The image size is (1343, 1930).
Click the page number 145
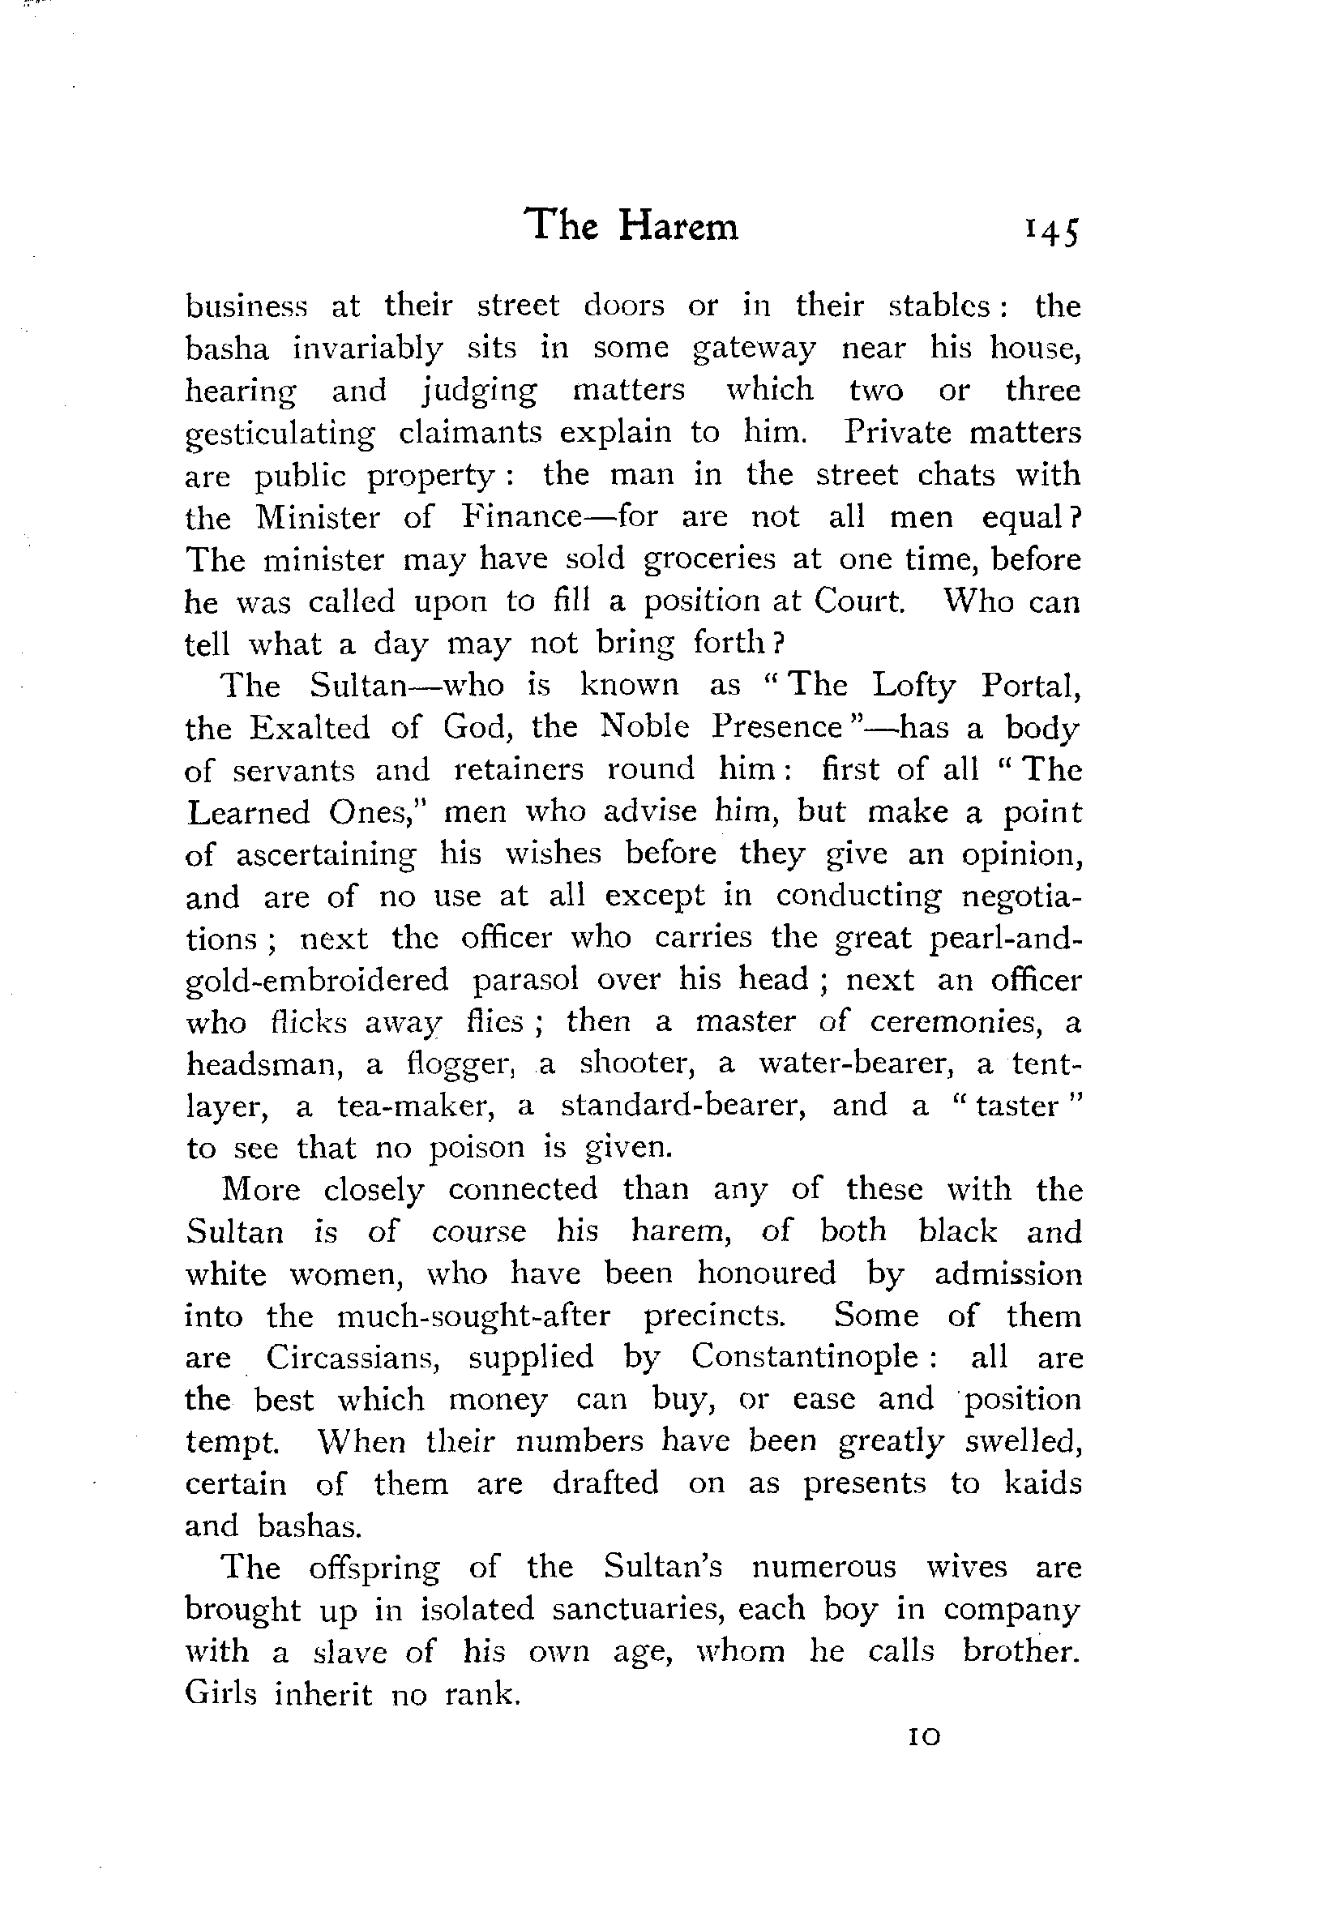pyautogui.click(x=1050, y=232)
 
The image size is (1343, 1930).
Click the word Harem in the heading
pyautogui.click(x=678, y=226)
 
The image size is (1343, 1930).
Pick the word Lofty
pyautogui.click(x=913, y=687)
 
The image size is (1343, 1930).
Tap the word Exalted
pyautogui.click(x=310, y=728)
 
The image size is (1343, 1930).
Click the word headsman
pyautogui.click(x=264, y=1064)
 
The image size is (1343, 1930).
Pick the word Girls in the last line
pyautogui.click(x=221, y=1694)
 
